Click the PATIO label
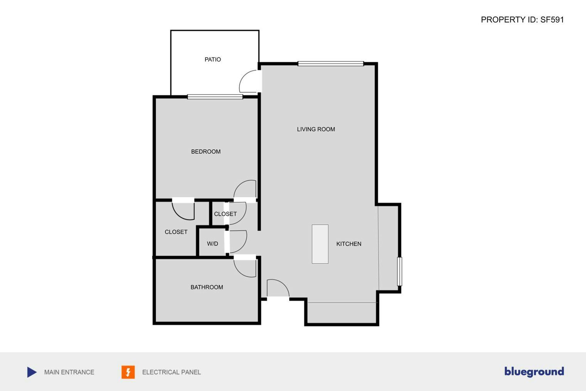point(213,59)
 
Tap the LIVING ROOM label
point(316,129)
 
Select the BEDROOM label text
point(206,152)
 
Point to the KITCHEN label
point(349,244)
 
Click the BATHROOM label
point(207,287)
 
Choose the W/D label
point(212,244)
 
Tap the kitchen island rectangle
point(320,244)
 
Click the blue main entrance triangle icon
point(32,372)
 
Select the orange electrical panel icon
point(128,372)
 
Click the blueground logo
point(534,372)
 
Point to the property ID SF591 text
point(522,20)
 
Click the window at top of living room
point(330,64)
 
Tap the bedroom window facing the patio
point(215,97)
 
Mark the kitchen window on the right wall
point(399,271)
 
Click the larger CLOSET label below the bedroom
point(176,232)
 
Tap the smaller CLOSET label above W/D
point(225,214)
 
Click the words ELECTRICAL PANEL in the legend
point(171,372)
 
